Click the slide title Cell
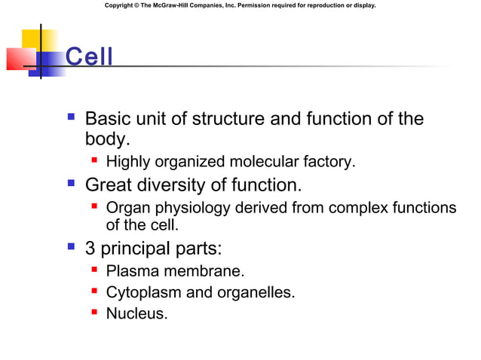tap(89, 56)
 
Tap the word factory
tap(329, 162)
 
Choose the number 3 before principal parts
tap(90, 249)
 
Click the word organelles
tap(253, 292)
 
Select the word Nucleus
tap(136, 313)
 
